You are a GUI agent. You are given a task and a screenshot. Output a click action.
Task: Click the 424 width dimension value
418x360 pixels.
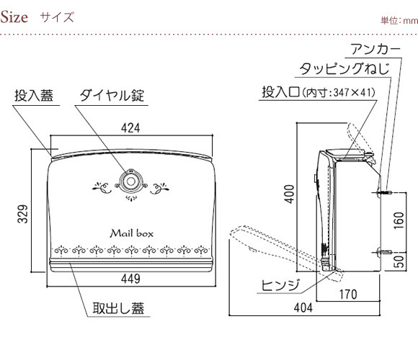click(x=130, y=128)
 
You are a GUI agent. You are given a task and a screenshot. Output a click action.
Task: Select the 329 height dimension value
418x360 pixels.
click(x=22, y=214)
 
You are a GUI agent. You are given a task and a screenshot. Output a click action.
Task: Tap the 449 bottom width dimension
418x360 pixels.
click(x=130, y=279)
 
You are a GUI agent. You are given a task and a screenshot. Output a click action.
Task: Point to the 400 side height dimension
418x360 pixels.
click(x=289, y=194)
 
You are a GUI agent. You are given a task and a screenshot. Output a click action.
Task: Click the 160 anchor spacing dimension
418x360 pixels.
click(x=399, y=220)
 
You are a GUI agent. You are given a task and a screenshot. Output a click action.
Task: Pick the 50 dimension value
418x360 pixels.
click(x=399, y=262)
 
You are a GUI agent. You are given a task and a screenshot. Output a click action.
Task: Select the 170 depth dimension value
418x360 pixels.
click(x=348, y=294)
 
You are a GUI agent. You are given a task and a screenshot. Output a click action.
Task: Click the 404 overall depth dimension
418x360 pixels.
click(x=303, y=308)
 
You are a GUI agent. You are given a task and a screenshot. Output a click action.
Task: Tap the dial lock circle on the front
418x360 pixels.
click(x=130, y=181)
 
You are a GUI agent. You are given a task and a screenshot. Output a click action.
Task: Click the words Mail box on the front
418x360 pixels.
click(x=132, y=233)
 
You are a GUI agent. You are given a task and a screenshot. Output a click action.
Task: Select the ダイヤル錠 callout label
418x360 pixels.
click(x=112, y=95)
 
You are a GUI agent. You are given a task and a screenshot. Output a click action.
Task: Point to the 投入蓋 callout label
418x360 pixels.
click(x=34, y=95)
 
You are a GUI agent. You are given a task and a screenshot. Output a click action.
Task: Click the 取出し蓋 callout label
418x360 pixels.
click(x=118, y=308)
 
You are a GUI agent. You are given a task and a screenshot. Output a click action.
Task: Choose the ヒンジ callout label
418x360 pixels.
click(x=280, y=285)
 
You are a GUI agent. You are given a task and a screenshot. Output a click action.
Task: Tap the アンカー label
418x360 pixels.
click(x=375, y=49)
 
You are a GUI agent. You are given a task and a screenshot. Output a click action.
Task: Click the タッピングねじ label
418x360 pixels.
click(x=344, y=68)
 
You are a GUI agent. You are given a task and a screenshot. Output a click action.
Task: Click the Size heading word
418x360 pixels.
click(x=14, y=17)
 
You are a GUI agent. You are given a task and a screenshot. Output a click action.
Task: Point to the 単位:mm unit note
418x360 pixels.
click(x=399, y=20)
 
